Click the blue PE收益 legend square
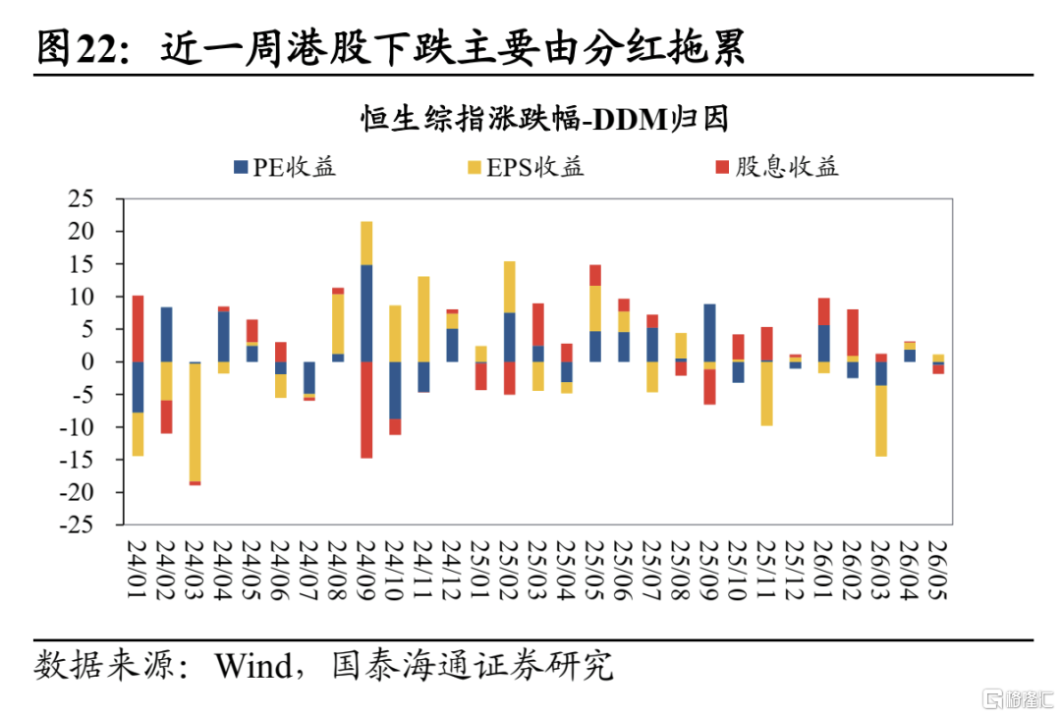click(x=241, y=167)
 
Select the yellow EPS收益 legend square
click(x=475, y=167)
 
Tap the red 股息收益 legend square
click(x=723, y=167)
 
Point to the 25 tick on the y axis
click(x=81, y=198)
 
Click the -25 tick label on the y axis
click(x=76, y=524)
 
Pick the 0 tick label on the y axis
click(x=87, y=361)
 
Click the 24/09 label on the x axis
click(x=366, y=570)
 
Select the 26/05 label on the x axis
click(x=938, y=570)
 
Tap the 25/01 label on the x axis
click(x=480, y=570)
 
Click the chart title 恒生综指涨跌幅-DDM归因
click(x=544, y=119)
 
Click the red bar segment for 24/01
click(x=139, y=329)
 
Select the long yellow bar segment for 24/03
click(x=195, y=422)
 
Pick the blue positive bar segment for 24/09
click(x=366, y=313)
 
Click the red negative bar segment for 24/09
click(x=366, y=410)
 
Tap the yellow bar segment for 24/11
click(x=423, y=319)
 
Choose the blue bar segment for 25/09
click(x=710, y=333)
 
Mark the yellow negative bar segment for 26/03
click(x=881, y=420)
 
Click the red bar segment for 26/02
click(x=853, y=333)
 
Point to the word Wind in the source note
click(x=253, y=666)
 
